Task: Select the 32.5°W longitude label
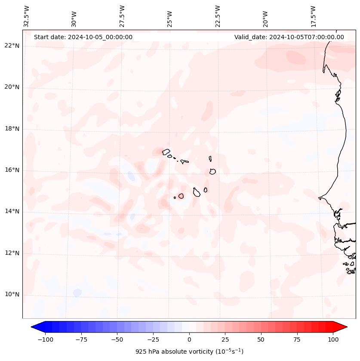click(27, 16)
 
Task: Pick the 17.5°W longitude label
click(313, 16)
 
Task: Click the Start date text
click(83, 37)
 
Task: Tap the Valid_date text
click(289, 37)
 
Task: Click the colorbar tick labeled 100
click(332, 339)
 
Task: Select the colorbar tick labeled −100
click(45, 339)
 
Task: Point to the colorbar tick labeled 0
click(189, 339)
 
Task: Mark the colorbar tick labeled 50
click(261, 339)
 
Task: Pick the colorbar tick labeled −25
click(153, 339)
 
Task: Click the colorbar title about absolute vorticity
click(189, 352)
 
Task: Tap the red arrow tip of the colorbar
click(343, 327)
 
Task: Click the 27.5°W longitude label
click(122, 16)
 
